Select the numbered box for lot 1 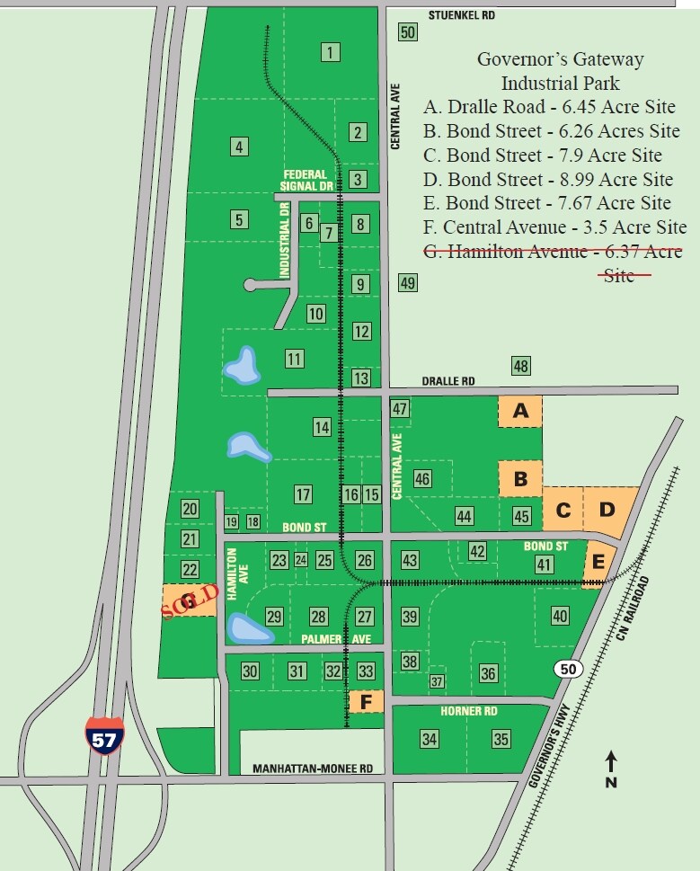[x=332, y=52]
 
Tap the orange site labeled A [x=520, y=412]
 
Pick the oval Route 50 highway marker [x=566, y=668]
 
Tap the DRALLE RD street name [x=456, y=381]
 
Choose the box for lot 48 [x=520, y=366]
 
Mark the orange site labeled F [x=366, y=701]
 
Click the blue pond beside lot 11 [x=241, y=366]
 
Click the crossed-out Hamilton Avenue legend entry [x=552, y=253]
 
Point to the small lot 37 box [x=438, y=682]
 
